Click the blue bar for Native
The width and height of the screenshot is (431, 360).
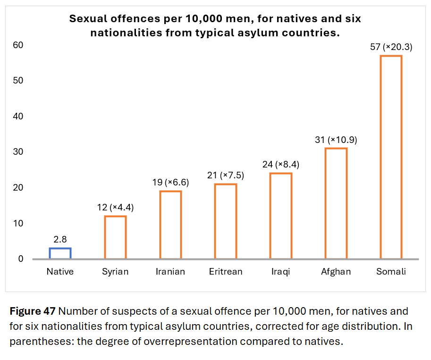coord(60,253)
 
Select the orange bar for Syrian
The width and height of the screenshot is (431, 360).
coord(115,237)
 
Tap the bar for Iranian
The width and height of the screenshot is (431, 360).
coord(170,225)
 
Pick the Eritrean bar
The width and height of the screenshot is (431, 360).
coord(226,221)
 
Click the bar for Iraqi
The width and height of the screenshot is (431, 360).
coord(280,216)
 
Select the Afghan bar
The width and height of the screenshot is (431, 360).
coord(336,203)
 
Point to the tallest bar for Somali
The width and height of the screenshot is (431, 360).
coord(391,157)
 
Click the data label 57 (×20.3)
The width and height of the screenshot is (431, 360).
coord(391,47)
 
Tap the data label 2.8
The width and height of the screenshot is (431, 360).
coord(60,239)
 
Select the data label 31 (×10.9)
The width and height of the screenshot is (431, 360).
coord(336,140)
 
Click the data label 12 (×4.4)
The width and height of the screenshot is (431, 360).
coord(115,208)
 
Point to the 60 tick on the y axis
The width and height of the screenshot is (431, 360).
coord(18,45)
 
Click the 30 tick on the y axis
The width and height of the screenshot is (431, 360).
coord(18,152)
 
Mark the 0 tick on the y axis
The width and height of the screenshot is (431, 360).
coord(21,259)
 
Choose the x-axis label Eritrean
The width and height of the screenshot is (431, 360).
coord(226,272)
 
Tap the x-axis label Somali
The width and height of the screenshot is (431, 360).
coord(391,272)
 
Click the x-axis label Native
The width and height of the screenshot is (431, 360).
coord(60,272)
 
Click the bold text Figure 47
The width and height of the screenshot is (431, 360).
coord(33,312)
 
